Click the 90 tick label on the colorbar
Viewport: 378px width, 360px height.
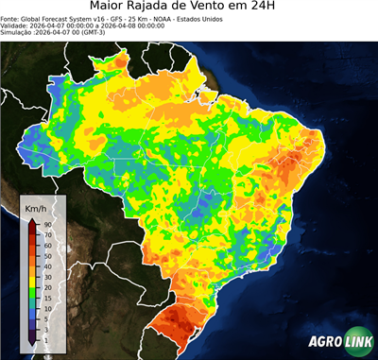[x=45, y=223]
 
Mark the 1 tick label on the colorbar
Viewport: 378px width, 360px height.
[x=44, y=338]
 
